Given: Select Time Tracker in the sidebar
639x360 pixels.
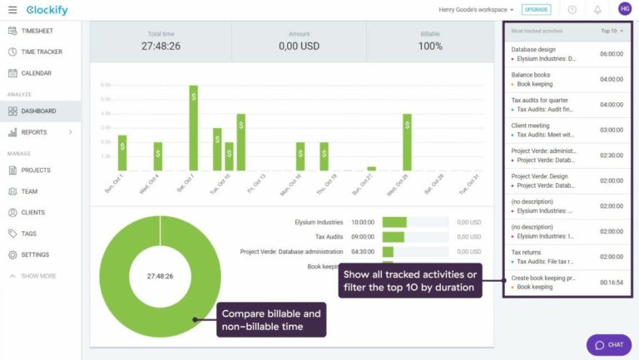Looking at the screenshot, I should pos(41,52).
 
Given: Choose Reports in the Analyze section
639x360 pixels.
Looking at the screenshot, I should pos(34,132).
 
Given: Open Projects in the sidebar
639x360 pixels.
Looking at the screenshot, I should pos(36,170).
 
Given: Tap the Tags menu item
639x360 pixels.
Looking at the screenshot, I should pos(28,234).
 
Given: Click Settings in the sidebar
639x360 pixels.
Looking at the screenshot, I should pos(35,255).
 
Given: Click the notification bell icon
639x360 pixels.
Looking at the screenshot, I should pos(597,9).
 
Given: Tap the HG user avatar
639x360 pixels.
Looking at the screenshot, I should pos(624,9).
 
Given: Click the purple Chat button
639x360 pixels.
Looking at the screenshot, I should pos(608,344).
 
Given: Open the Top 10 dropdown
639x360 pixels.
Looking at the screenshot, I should pos(612,31).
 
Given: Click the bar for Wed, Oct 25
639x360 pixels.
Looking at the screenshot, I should pos(407,142).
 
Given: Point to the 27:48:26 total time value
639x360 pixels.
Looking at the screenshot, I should pos(161,47).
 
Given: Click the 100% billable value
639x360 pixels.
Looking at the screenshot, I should pos(430,47).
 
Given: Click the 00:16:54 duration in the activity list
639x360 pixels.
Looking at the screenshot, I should pos(611,283).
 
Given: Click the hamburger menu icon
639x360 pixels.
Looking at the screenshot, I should pos(12,9).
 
